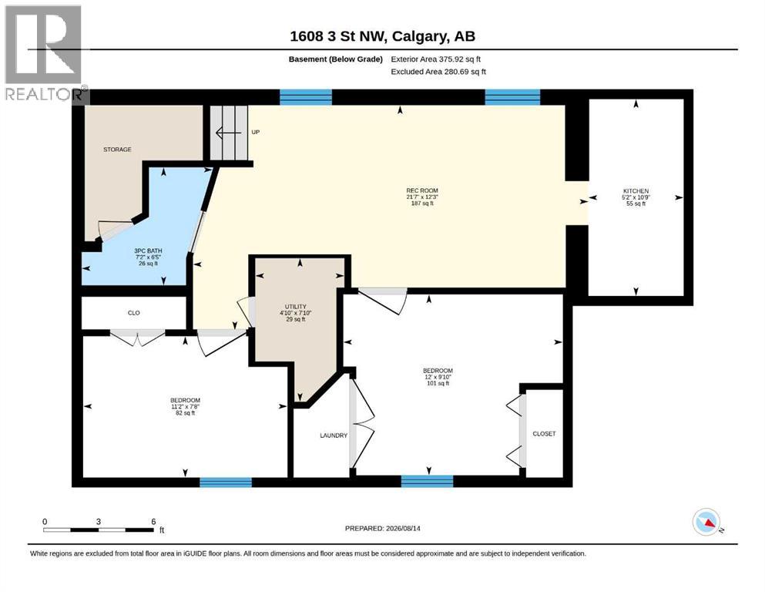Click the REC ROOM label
(422, 191)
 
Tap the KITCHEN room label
(636, 191)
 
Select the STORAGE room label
(117, 150)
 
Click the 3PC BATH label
(149, 251)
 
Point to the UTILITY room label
(296, 307)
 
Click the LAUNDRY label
(334, 436)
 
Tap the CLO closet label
(134, 313)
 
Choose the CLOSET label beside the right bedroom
(544, 433)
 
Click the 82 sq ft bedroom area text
(186, 413)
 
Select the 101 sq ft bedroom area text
(438, 383)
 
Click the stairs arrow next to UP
(228, 133)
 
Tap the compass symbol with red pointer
(706, 522)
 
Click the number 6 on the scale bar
(153, 521)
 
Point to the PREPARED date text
(382, 528)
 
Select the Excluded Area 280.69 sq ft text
(438, 72)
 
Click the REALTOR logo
(44, 52)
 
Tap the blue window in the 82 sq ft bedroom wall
(226, 483)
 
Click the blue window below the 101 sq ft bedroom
(428, 481)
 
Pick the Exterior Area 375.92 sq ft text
(436, 59)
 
